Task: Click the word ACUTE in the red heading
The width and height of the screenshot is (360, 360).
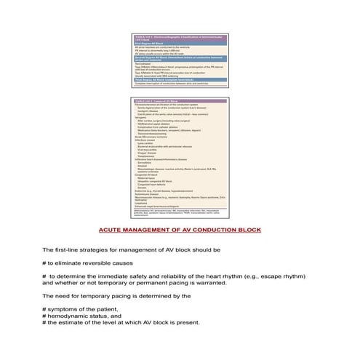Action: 111,229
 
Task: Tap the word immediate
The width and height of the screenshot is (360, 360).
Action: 120,276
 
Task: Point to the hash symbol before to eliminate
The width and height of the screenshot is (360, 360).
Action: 44,263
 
